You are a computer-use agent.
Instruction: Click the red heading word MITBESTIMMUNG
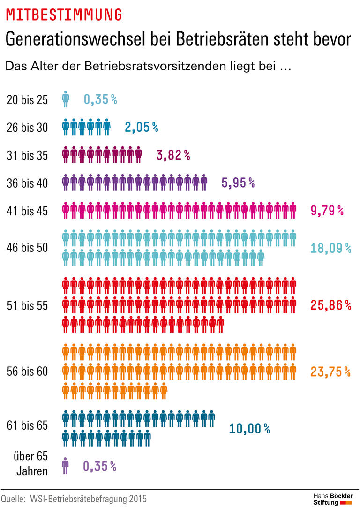[x=63, y=15]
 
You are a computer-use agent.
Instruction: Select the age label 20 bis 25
[x=27, y=99]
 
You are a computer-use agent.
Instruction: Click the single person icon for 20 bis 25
[x=66, y=99]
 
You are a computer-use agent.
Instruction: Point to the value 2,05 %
[x=141, y=127]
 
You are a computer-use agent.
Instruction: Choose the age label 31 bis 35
[x=27, y=155]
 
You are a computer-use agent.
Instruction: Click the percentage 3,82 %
[x=173, y=155]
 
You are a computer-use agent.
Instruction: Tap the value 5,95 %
[x=238, y=183]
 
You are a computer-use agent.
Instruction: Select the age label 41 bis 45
[x=27, y=211]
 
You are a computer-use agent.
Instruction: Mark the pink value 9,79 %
[x=327, y=211]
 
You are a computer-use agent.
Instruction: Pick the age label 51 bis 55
[x=27, y=305]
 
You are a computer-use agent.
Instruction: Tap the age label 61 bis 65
[x=27, y=425]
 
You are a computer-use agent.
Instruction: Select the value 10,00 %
[x=249, y=428]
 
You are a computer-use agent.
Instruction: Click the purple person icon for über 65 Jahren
[x=65, y=466]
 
